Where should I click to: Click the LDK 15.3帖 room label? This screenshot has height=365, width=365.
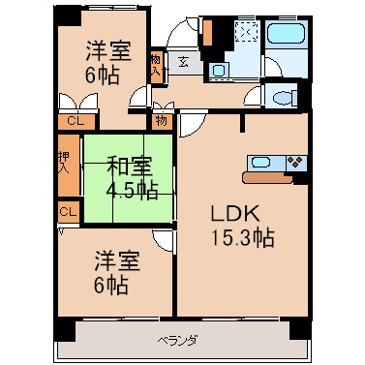pos(242,227)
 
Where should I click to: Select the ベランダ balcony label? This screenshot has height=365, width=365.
pos(178,341)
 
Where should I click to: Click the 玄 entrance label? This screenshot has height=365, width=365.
pos(183,62)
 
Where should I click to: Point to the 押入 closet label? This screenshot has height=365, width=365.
pos(64,163)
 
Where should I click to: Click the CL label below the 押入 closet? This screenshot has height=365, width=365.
pos(68,212)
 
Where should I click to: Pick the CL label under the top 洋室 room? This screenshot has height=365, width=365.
pos(76,121)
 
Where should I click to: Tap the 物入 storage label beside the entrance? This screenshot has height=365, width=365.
pos(156,66)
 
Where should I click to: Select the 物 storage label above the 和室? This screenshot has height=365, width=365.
pos(162,121)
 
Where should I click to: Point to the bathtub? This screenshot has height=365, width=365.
pos(286,33)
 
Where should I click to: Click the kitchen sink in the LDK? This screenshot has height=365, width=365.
pos(260,162)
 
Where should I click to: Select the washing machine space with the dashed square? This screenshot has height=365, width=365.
pos(247,32)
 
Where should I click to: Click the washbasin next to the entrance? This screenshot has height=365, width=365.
pos(219,70)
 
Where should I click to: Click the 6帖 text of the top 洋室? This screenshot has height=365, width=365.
pos(103,76)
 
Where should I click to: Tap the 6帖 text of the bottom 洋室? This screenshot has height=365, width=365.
pos(111,285)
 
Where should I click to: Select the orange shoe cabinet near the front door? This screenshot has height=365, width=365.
pos(207,33)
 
